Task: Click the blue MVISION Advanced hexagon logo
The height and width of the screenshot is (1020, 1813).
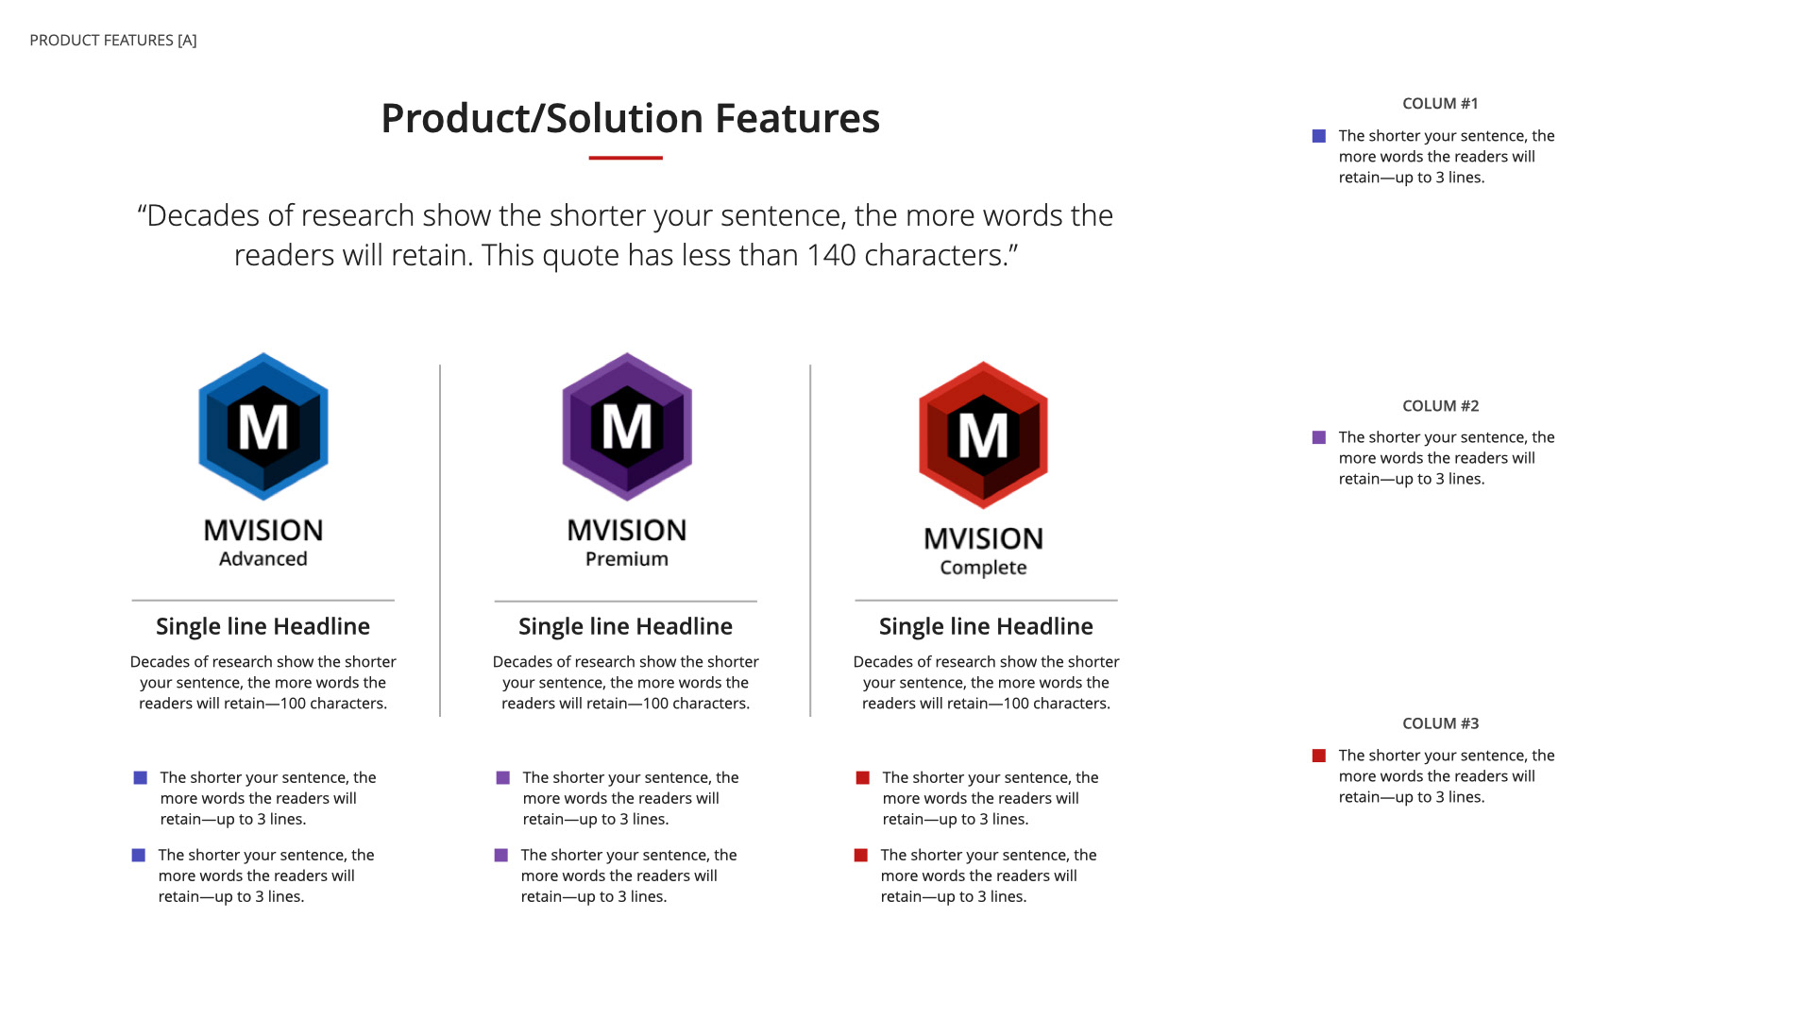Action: (263, 427)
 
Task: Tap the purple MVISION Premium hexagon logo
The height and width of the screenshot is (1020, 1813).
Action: (627, 427)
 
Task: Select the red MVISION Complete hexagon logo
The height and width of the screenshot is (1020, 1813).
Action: (984, 435)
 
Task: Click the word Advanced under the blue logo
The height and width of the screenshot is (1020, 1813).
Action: (263, 559)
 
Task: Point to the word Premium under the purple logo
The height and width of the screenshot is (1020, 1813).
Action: (627, 559)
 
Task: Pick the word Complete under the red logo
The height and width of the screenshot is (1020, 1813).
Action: (984, 568)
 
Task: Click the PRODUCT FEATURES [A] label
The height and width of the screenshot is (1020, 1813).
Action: (113, 41)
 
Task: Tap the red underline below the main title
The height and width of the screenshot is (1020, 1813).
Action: (625, 158)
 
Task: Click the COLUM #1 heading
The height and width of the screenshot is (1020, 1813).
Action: (1440, 104)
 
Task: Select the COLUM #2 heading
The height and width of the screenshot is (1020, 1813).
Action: (1440, 406)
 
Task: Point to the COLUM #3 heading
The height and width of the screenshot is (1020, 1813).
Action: (1440, 723)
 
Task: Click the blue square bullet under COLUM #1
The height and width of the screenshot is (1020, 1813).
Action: (1319, 136)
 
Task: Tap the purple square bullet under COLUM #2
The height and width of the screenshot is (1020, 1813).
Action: (1319, 437)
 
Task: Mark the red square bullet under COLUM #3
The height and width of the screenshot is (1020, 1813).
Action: (1319, 756)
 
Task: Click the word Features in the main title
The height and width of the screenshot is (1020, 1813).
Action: (797, 119)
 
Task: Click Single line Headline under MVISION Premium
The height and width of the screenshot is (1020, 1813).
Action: (625, 626)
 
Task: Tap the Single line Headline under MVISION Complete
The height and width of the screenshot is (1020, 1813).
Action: (986, 626)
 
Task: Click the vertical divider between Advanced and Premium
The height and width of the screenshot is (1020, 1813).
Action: (440, 540)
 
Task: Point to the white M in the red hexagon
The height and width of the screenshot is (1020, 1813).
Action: (983, 436)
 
